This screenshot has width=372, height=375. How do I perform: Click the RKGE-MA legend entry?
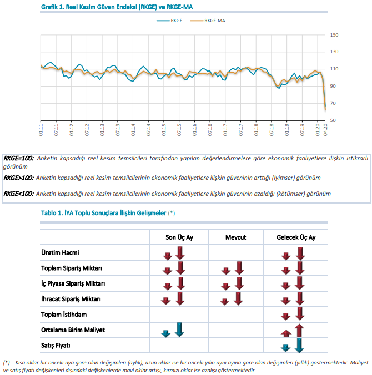coord(208,21)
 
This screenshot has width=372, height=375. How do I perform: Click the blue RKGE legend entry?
coord(169,21)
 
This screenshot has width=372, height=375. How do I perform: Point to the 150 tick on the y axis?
coord(334,35)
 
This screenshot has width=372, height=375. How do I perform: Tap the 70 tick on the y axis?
coord(333,103)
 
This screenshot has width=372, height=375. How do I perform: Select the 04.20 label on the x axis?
coord(325,130)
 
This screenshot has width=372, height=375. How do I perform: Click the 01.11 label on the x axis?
coord(41,130)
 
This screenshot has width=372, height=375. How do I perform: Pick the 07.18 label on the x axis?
coord(272,130)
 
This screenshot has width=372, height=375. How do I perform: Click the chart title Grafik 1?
coord(117,7)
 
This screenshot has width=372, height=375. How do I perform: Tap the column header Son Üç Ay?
coord(179,237)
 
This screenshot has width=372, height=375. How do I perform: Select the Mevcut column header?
coord(236,237)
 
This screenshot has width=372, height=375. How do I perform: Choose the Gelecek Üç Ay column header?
coord(296,237)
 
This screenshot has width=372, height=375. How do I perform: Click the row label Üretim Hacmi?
coord(60,252)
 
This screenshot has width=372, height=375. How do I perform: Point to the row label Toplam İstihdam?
coord(64,314)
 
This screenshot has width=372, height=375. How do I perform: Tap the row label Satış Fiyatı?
coord(56,346)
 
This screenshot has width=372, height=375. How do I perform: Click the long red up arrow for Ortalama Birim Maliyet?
coord(299,331)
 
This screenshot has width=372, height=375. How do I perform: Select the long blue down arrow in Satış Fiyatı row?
coord(299,346)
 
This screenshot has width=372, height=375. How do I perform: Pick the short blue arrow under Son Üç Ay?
coord(165,333)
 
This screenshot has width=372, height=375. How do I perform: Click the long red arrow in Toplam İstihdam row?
coord(300,314)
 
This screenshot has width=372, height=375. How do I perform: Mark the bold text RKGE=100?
coord(18,158)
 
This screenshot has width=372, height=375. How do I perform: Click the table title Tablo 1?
coord(108,213)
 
